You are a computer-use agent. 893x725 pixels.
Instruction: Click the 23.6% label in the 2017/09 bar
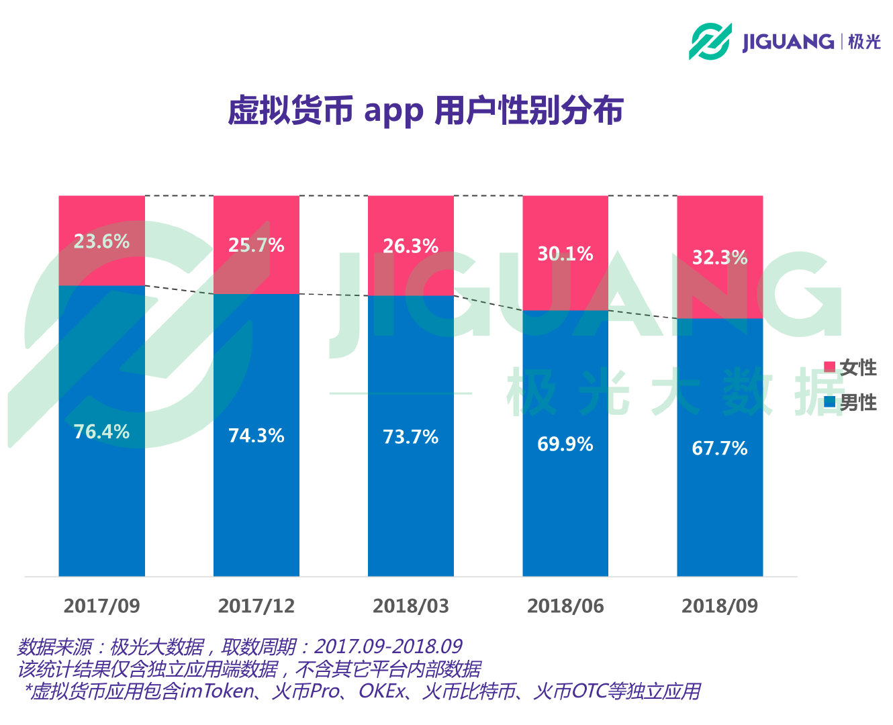point(101,242)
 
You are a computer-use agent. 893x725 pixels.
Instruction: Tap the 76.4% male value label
point(101,432)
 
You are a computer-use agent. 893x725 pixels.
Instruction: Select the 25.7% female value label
point(256,246)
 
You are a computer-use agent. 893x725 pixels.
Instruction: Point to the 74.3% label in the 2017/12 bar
point(256,436)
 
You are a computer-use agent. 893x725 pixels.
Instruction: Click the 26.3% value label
point(410,246)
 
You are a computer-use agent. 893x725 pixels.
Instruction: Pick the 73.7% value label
point(410,437)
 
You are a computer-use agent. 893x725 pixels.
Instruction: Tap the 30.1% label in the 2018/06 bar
point(565,254)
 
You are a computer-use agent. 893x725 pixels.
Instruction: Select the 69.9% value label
point(565,444)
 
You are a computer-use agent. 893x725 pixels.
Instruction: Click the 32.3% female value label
point(719,258)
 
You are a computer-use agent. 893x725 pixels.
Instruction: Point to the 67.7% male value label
point(719,448)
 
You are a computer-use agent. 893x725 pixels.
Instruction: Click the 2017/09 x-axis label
point(101,606)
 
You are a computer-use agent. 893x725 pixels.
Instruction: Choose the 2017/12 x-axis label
point(256,606)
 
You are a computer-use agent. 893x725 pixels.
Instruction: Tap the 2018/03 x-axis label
point(410,606)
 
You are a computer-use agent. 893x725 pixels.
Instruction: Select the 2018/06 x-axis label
point(565,606)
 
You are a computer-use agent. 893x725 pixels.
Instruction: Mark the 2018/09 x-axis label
point(719,606)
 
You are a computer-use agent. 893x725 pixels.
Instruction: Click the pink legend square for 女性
point(829,367)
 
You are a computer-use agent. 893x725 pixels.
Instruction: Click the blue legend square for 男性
point(829,402)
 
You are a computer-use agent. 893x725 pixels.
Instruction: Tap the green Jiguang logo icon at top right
point(710,41)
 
